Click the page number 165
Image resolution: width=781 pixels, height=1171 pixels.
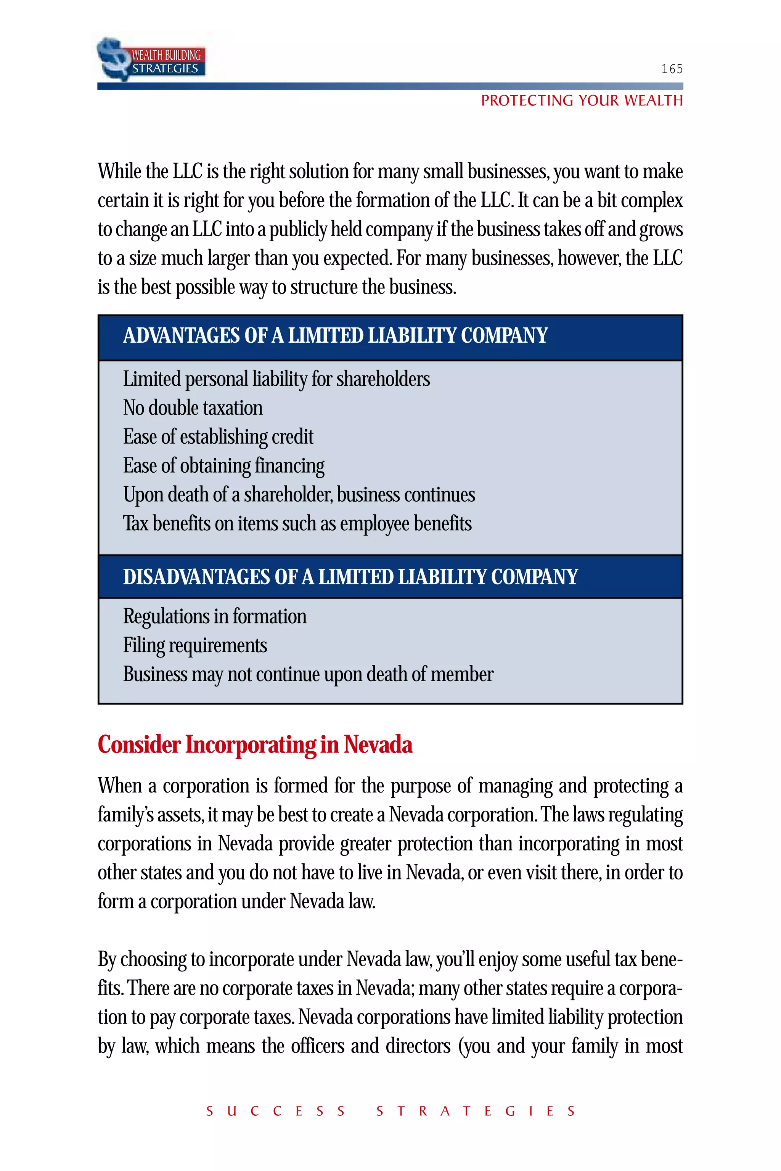pos(672,69)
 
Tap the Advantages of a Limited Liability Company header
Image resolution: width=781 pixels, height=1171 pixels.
pos(335,335)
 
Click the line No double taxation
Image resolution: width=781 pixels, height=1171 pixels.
pos(193,408)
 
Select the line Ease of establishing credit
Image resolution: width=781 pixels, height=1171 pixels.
pos(218,436)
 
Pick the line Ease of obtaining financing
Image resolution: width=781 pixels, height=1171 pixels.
pos(223,465)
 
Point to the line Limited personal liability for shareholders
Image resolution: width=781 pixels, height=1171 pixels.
pos(276,379)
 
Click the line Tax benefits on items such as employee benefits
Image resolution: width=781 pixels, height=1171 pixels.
pos(297,523)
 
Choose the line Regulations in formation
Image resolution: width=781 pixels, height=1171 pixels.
pos(215,616)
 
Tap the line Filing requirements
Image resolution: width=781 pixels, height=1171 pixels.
pos(195,645)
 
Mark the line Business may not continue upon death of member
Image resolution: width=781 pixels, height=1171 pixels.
pos(308,674)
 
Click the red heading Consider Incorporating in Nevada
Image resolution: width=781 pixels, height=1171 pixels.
pos(255,745)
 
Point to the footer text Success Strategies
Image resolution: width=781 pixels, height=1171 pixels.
pos(390,1111)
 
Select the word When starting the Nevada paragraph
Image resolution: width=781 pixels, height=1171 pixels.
pos(120,786)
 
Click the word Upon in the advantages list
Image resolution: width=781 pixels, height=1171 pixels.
pos(143,495)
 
